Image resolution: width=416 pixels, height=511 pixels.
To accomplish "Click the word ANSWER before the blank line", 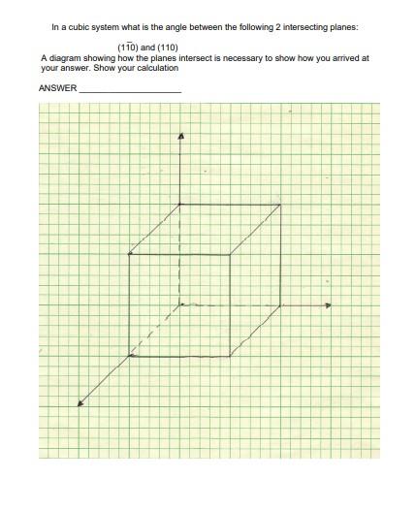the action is click(57, 88).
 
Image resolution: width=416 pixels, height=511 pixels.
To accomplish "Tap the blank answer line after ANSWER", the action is click(130, 90).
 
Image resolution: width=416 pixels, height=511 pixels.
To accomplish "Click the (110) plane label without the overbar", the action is click(165, 47).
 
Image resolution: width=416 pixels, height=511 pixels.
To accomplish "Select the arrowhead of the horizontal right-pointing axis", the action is click(328, 305).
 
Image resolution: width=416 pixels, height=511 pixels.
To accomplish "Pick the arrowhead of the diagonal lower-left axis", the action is click(81, 404).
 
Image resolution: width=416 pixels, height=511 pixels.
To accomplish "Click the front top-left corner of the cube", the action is click(129, 254).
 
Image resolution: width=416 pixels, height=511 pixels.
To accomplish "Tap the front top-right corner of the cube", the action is click(231, 254).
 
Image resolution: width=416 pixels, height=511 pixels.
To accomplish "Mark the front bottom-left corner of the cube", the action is click(129, 356).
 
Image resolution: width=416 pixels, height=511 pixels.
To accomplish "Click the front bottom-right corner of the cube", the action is click(231, 356).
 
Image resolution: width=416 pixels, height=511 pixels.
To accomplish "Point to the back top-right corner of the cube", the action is click(282, 204).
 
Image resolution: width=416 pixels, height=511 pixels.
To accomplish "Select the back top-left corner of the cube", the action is click(180, 204).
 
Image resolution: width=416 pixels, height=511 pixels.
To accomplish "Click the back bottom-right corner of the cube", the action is click(282, 305).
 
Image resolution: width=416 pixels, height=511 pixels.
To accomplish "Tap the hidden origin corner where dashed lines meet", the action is click(180, 304).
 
